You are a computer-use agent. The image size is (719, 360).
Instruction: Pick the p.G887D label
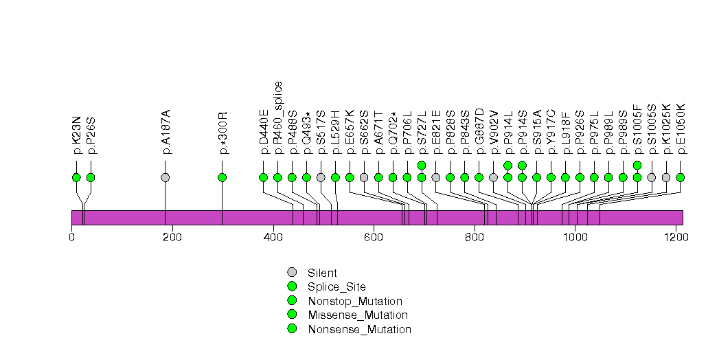[479, 137]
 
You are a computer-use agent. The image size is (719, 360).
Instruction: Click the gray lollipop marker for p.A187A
[165, 177]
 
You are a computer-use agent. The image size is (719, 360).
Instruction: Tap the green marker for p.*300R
[222, 177]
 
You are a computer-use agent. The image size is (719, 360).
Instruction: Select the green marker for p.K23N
[76, 177]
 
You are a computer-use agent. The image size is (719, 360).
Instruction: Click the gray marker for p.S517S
[321, 177]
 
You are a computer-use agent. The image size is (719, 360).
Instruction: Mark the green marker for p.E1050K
[681, 177]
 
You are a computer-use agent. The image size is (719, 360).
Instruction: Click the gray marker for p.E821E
[436, 177]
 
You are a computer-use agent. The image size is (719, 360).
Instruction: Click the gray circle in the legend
[292, 272]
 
